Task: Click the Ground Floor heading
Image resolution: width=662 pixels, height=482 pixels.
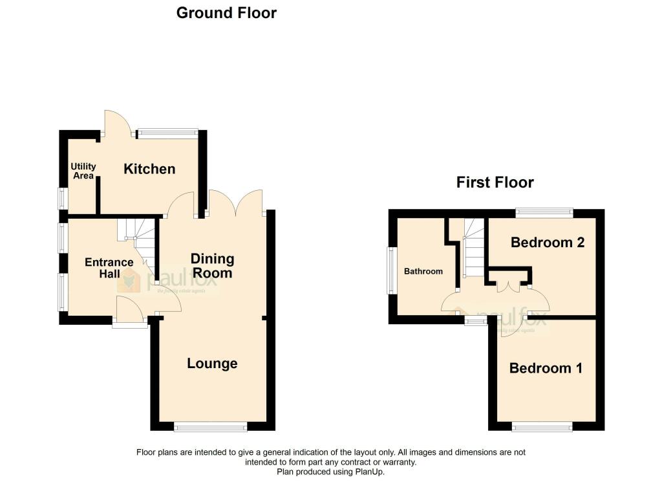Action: [226, 13]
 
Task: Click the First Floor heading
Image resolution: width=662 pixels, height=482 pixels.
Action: [495, 182]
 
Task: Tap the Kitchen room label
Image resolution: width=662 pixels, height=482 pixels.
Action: [149, 169]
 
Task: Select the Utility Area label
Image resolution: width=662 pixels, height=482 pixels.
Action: [83, 171]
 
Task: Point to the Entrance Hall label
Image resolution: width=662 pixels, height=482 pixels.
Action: [109, 268]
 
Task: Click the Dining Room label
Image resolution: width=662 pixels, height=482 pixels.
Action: [212, 266]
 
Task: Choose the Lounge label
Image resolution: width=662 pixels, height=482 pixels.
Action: [212, 364]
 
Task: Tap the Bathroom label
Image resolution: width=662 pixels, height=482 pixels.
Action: [423, 271]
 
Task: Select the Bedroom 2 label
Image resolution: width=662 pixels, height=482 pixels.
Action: [548, 243]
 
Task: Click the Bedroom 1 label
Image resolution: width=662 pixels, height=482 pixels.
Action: [546, 368]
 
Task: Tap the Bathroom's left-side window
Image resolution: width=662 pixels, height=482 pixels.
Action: [390, 270]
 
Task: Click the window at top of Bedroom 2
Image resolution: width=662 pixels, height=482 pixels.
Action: [544, 212]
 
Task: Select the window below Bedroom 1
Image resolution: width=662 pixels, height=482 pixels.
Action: [542, 426]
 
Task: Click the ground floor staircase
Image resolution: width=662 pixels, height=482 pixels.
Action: [141, 243]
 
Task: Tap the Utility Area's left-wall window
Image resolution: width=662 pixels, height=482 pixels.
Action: [63, 197]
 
